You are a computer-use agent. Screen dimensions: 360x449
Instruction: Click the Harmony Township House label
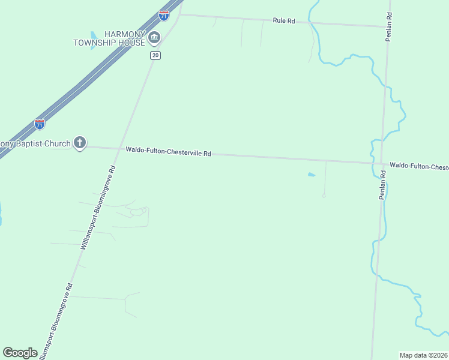point(109,38)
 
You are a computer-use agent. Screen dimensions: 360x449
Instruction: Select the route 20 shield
point(155,55)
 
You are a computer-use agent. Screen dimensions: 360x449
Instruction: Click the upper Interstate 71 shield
point(164,16)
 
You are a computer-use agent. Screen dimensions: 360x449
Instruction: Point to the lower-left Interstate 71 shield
point(40,124)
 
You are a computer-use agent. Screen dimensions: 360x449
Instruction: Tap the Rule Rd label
point(284,20)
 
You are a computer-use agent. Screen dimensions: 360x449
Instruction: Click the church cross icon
point(80,143)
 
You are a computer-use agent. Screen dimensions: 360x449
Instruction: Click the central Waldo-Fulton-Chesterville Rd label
point(168,152)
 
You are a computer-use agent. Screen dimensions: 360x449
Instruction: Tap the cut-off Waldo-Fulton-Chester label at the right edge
point(419,166)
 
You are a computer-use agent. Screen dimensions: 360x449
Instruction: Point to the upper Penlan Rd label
point(388,26)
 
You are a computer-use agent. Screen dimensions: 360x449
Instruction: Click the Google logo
point(20,352)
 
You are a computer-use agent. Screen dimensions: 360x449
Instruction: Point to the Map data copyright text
point(424,355)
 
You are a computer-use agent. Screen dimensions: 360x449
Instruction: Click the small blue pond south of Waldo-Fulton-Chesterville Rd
point(311,175)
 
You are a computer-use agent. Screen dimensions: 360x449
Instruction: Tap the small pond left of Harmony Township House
point(94,35)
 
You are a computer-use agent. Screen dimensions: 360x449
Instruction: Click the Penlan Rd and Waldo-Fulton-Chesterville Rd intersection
point(383,163)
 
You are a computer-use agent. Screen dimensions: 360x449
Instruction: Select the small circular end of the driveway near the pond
point(324,196)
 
